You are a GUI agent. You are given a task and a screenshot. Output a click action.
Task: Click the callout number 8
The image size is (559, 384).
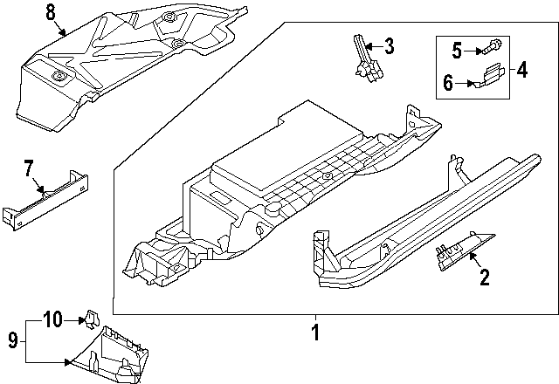pyautogui.click(x=50, y=11)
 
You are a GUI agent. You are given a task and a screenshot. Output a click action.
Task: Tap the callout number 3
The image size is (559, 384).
pyautogui.click(x=389, y=46)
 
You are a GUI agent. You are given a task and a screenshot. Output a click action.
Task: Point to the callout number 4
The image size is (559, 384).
pyautogui.click(x=521, y=69)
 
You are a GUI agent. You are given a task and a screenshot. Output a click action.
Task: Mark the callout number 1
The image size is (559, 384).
pyautogui.click(x=316, y=332)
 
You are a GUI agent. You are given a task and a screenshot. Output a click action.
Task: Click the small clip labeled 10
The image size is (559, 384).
pyautogui.click(x=90, y=318)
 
